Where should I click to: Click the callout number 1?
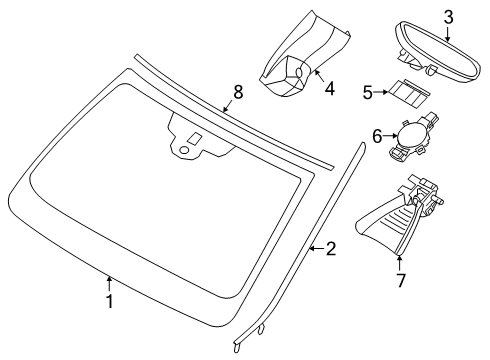coord(109,301)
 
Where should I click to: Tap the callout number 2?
coord(330,249)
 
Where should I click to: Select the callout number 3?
coord(448,17)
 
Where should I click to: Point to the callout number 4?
coord(329,89)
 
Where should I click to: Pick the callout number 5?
coord(367,92)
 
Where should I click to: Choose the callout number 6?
coord(377,136)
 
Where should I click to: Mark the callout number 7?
coord(400,280)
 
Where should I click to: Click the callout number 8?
coord(238,92)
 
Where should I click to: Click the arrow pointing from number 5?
coord(381,92)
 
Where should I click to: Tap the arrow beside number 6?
coord(391,136)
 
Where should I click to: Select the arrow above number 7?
coord(399,263)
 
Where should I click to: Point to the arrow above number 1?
coord(109,284)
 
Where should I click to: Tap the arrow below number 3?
coord(447,33)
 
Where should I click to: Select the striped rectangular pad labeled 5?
coord(409,93)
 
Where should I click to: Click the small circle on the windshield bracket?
coord(184,150)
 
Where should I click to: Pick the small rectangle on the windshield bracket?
coord(194,139)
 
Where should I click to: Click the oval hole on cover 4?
coord(299,73)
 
